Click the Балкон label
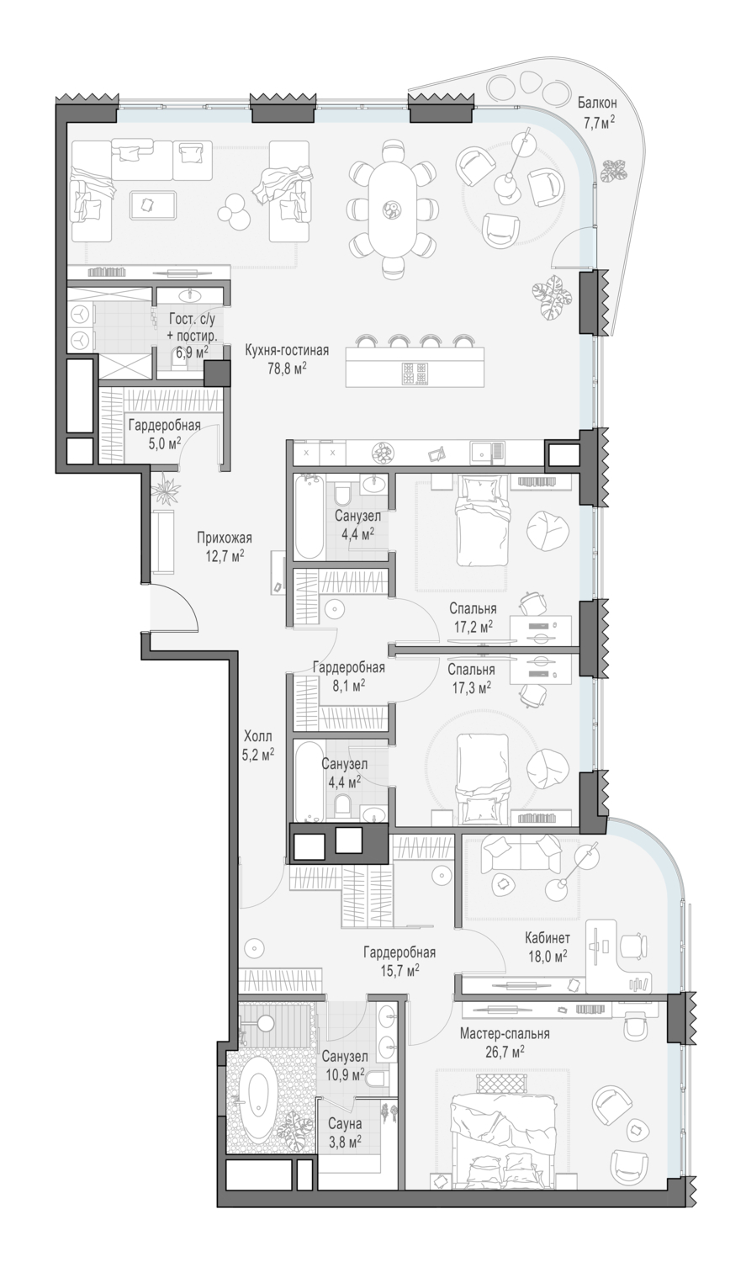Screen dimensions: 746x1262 click(x=597, y=103)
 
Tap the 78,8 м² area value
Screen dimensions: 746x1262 click(x=287, y=368)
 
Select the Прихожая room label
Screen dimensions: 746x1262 click(x=224, y=538)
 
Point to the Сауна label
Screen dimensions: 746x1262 click(x=345, y=1124)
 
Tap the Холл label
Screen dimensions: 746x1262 click(x=258, y=736)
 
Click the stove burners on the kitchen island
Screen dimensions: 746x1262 click(x=415, y=373)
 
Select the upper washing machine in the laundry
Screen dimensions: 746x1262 click(x=81, y=313)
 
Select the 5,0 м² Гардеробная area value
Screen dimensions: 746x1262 click(x=164, y=443)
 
